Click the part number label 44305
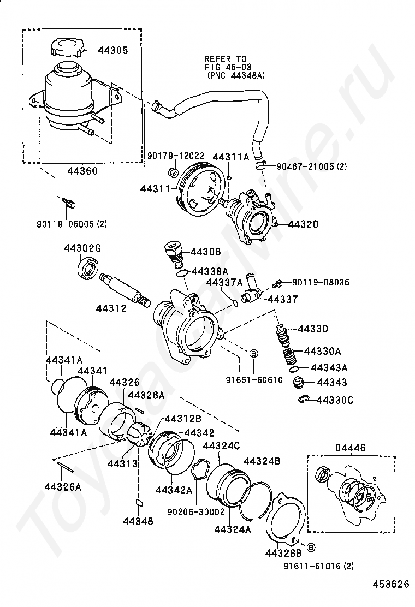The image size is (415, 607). (112, 50)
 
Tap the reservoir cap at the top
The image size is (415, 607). (67, 47)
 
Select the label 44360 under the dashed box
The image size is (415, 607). (82, 171)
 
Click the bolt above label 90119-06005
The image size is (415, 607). (69, 202)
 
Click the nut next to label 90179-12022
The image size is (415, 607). (173, 170)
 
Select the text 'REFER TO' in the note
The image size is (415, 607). (226, 59)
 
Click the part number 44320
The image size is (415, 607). (303, 224)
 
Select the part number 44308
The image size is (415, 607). (205, 252)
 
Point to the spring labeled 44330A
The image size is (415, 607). (288, 356)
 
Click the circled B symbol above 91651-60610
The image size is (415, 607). (253, 353)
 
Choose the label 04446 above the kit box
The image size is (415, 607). (350, 448)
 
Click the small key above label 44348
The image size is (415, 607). (139, 503)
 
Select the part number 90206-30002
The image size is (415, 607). (196, 511)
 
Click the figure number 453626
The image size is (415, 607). (391, 584)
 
